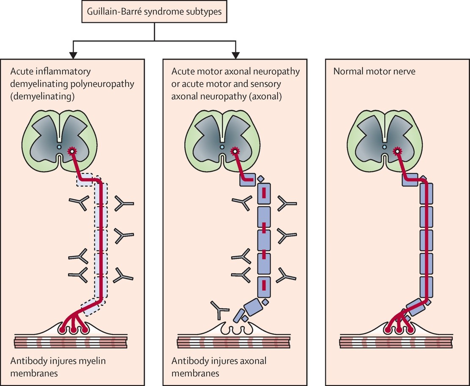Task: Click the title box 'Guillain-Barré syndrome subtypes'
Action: pyautogui.click(x=154, y=11)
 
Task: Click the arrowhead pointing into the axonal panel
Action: pyautogui.click(x=236, y=55)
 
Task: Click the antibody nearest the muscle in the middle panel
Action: pyautogui.click(x=219, y=311)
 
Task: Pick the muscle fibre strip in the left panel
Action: pyautogui.click(x=70, y=342)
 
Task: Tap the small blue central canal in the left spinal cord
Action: pyautogui.click(x=59, y=147)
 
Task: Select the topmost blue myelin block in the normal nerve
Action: pyautogui.click(x=409, y=179)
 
